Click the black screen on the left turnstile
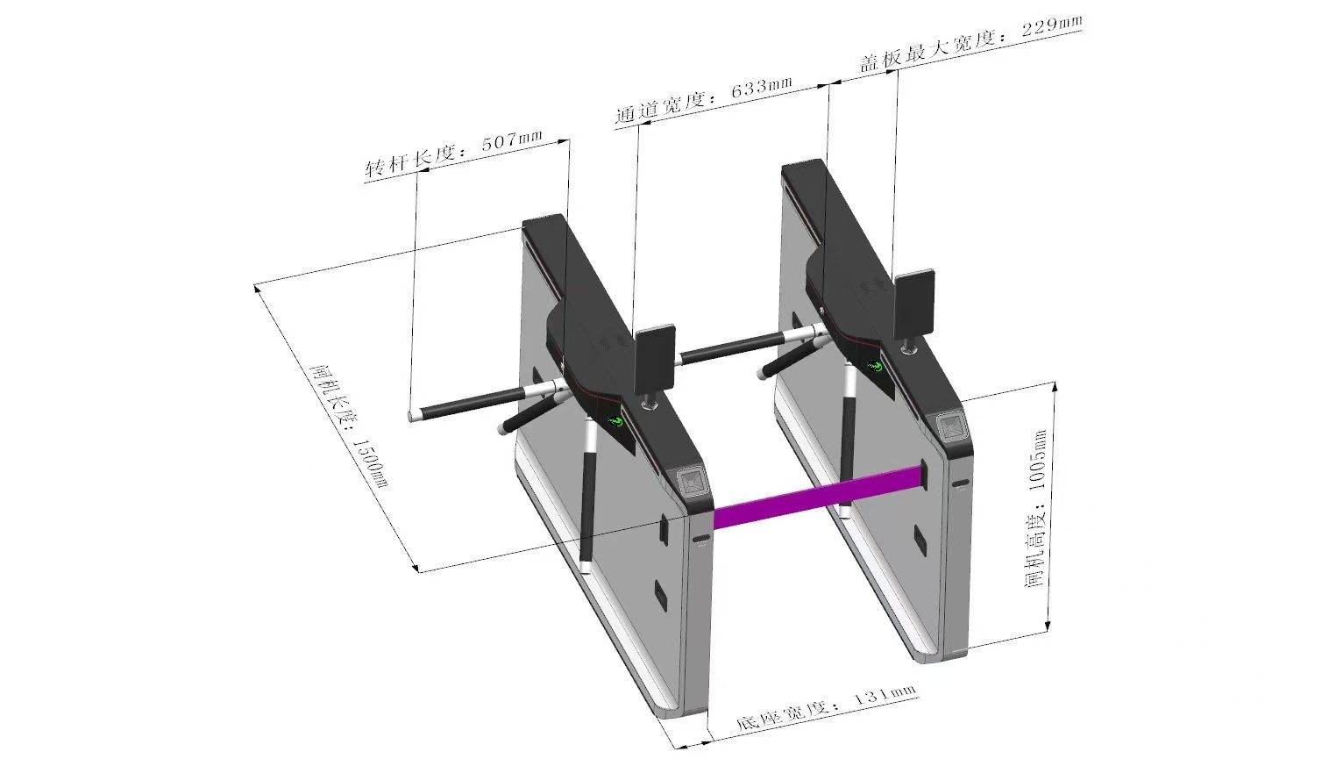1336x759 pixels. coord(654,359)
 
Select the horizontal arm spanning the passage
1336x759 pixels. coord(732,349)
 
